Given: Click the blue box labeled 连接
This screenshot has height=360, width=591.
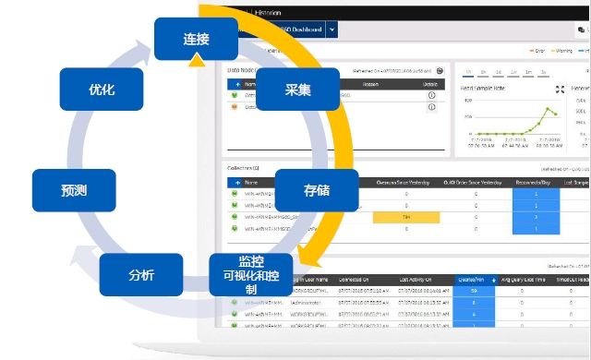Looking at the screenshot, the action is tap(197, 40).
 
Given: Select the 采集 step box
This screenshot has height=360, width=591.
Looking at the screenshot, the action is tap(297, 90).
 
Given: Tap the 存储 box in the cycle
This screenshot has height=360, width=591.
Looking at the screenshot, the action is tap(317, 190).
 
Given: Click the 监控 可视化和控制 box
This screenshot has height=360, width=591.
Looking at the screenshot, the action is tap(250, 274).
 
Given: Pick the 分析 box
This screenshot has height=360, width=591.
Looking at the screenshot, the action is tap(141, 275).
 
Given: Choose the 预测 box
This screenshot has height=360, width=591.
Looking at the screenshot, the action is tap(74, 191).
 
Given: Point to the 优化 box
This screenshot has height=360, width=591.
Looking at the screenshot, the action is tap(102, 90).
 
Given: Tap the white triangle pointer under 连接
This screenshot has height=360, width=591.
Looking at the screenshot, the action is tap(197, 61).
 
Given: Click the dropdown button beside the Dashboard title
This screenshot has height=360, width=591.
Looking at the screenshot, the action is tap(332, 30).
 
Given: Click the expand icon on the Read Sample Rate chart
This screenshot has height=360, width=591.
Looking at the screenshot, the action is tap(558, 89).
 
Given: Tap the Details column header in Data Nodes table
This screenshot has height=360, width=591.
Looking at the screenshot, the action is tap(430, 82).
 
